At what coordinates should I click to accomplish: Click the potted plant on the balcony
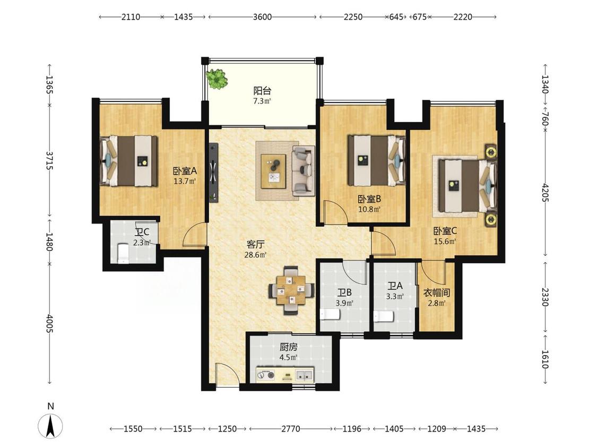217,79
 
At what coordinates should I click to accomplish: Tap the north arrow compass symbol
50,426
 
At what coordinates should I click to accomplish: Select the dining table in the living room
291,290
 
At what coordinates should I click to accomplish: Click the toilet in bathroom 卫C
123,253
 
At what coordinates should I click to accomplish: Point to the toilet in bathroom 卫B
330,314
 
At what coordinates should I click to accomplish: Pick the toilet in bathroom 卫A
384,316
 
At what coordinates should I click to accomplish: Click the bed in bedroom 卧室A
129,161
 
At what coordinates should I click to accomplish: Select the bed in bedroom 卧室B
377,160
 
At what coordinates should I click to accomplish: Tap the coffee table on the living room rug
273,171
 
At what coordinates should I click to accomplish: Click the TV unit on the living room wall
214,172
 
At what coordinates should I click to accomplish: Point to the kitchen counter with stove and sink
285,374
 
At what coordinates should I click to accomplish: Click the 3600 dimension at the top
262,17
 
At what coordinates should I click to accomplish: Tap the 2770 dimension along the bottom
290,429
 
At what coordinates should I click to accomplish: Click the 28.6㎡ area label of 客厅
255,255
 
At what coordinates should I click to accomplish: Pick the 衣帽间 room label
437,292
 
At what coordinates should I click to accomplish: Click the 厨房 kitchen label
288,347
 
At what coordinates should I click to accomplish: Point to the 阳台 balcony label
262,91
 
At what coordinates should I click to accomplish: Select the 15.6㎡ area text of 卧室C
445,241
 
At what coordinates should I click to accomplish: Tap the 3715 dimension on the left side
49,161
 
